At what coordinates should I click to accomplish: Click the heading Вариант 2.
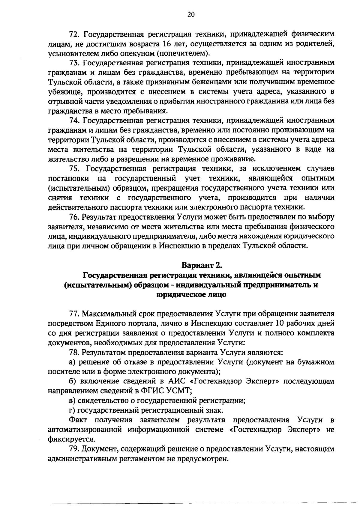[x=201, y=265]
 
